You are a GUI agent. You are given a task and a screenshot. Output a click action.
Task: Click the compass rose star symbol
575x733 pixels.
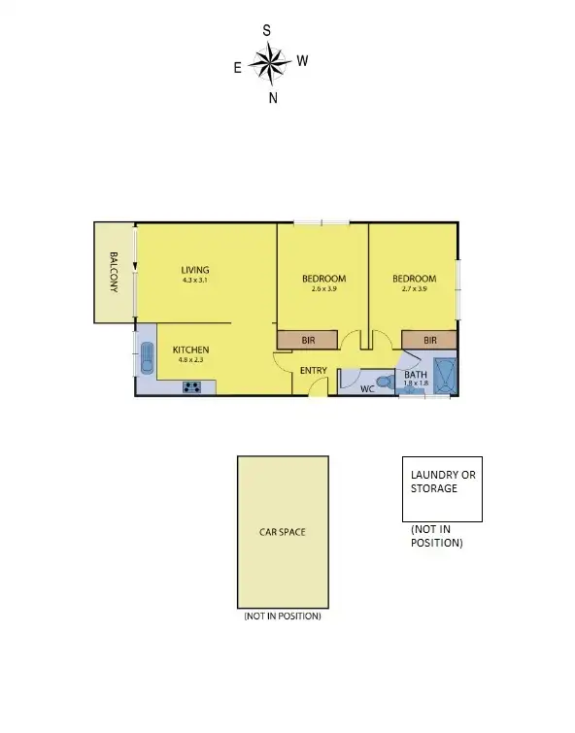coord(270,64)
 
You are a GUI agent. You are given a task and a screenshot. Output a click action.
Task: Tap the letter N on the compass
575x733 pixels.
coord(273,98)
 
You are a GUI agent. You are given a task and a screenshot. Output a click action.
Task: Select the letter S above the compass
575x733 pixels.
coord(266,31)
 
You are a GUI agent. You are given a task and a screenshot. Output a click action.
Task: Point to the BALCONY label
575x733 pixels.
coord(114,273)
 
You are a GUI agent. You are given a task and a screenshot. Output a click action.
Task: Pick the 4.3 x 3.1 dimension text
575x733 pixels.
coord(194,281)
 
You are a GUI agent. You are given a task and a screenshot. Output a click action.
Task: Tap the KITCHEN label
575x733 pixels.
coord(190,350)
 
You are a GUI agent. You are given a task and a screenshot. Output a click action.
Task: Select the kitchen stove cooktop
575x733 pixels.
coord(191,387)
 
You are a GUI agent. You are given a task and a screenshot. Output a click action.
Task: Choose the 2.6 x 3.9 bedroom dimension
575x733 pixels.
coord(323,289)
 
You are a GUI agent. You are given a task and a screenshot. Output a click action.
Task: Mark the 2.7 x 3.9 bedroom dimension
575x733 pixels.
coord(414,289)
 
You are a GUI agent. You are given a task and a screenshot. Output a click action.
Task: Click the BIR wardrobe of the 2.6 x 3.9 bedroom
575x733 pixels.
coord(307,340)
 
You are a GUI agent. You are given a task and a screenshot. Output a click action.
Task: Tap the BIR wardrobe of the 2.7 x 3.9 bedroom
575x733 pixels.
coord(430,340)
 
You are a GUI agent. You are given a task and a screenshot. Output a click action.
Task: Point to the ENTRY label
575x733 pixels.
coord(313,370)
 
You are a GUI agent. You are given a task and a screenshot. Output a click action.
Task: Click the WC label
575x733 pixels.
coord(367,389)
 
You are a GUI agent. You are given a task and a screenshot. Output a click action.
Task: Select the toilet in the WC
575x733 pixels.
coord(387,383)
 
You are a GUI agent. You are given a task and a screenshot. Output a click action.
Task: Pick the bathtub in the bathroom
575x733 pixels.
coord(446,374)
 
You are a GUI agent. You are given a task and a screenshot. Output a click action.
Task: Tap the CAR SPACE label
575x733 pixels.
coord(283,533)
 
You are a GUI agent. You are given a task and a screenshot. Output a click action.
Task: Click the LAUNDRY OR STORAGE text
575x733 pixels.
coord(443,482)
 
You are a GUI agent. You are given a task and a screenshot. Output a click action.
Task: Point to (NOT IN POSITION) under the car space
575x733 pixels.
coord(282,616)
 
